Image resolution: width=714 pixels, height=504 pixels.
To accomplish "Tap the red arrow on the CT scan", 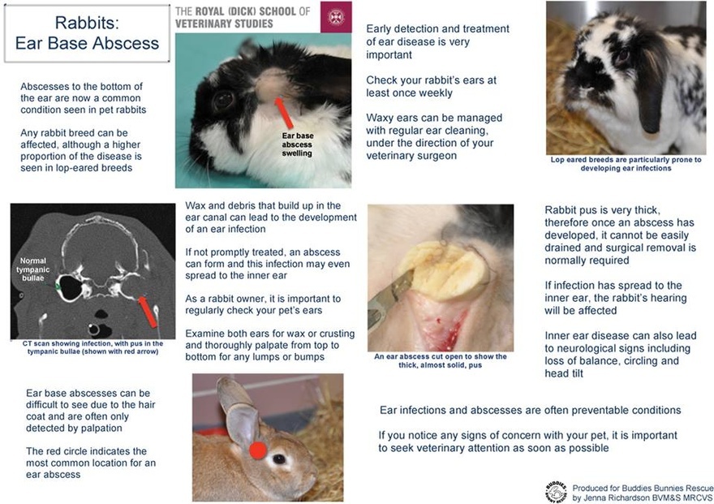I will (x=148, y=311).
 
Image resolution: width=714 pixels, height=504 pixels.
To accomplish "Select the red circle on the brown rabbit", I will (x=258, y=449).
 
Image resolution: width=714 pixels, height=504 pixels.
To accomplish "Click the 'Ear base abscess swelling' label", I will (x=297, y=144).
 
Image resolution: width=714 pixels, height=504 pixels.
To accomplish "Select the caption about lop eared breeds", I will (x=625, y=164).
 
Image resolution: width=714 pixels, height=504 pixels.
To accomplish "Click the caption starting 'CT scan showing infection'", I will (x=91, y=348).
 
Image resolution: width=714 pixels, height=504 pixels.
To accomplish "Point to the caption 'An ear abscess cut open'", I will (x=440, y=360).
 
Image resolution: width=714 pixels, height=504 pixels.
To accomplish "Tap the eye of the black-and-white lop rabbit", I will (x=622, y=58).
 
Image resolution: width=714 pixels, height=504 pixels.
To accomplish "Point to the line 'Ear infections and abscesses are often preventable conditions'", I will (x=530, y=410).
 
